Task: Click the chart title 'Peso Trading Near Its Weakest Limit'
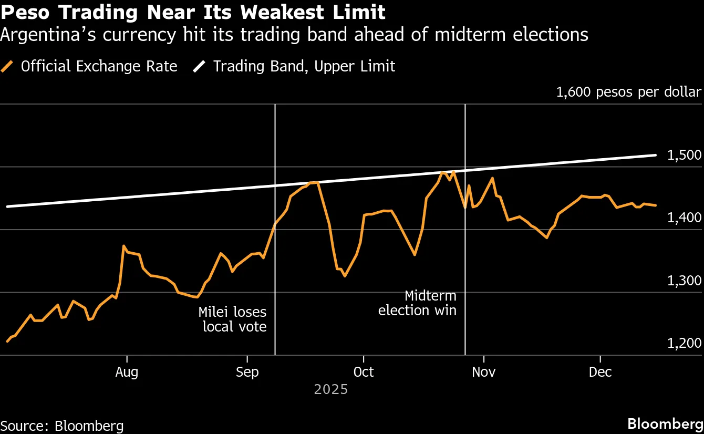(x=193, y=12)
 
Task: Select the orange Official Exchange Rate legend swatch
(x=7, y=67)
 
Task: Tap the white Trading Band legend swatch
(x=200, y=67)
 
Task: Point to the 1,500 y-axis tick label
(x=684, y=156)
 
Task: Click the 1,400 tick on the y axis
(x=684, y=218)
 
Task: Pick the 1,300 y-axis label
(x=684, y=281)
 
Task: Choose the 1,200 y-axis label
(x=684, y=343)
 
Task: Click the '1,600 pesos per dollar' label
(x=628, y=92)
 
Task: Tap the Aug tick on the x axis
(x=127, y=372)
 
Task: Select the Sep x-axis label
(x=247, y=372)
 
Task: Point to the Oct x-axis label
(x=364, y=372)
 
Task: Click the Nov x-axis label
(x=484, y=372)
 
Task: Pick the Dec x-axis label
(x=600, y=372)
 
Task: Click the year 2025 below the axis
(x=331, y=390)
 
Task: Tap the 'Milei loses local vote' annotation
(x=232, y=319)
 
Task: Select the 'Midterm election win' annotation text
(x=417, y=303)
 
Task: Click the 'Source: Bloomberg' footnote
(x=62, y=426)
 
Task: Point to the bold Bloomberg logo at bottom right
(x=665, y=424)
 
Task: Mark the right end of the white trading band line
(x=656, y=155)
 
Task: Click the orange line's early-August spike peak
(x=123, y=246)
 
